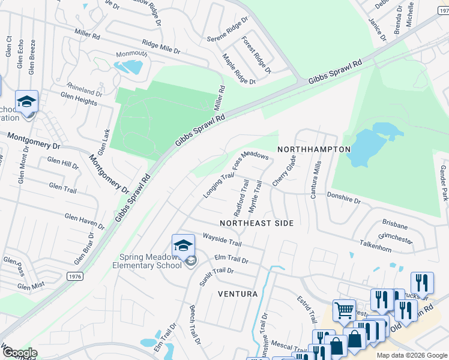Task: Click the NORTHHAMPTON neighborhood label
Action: click(x=314, y=149)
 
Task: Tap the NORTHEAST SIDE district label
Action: click(x=256, y=223)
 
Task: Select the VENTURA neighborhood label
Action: click(x=238, y=294)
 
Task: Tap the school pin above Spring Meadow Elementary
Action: click(x=183, y=245)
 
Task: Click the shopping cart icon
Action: click(x=344, y=311)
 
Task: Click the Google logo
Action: click(x=19, y=353)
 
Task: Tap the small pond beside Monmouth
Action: click(x=129, y=67)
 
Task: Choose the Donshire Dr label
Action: click(x=343, y=196)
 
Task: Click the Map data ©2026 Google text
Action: click(x=411, y=355)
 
